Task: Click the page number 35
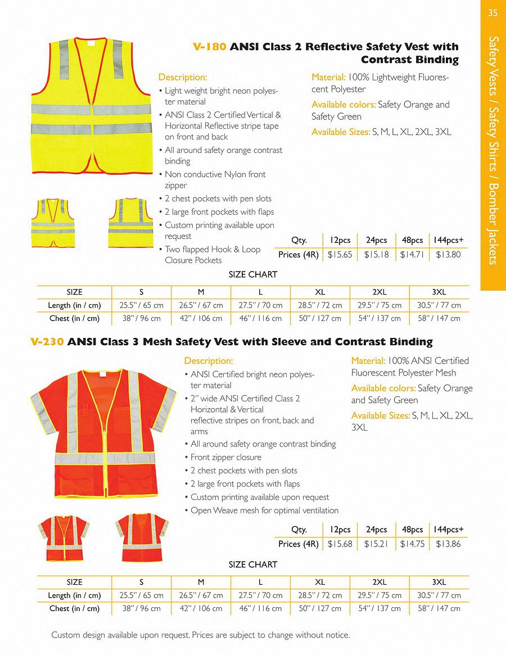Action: tap(493, 13)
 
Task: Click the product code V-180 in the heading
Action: tap(209, 47)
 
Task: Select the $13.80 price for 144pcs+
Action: tap(448, 255)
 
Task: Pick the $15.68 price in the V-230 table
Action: tap(340, 544)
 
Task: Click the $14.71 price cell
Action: tap(412, 255)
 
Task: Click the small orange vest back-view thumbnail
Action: tap(142, 537)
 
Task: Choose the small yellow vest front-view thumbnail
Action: tap(53, 223)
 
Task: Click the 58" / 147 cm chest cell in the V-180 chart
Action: tap(439, 318)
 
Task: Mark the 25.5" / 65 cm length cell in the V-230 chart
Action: tap(142, 595)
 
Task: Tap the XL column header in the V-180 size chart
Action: tap(320, 292)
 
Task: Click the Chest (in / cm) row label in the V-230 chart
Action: tap(74, 608)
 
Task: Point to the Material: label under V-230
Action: tap(368, 361)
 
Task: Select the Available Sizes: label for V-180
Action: tap(340, 132)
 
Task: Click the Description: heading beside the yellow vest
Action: tap(183, 78)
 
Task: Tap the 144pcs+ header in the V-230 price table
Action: tap(448, 530)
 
